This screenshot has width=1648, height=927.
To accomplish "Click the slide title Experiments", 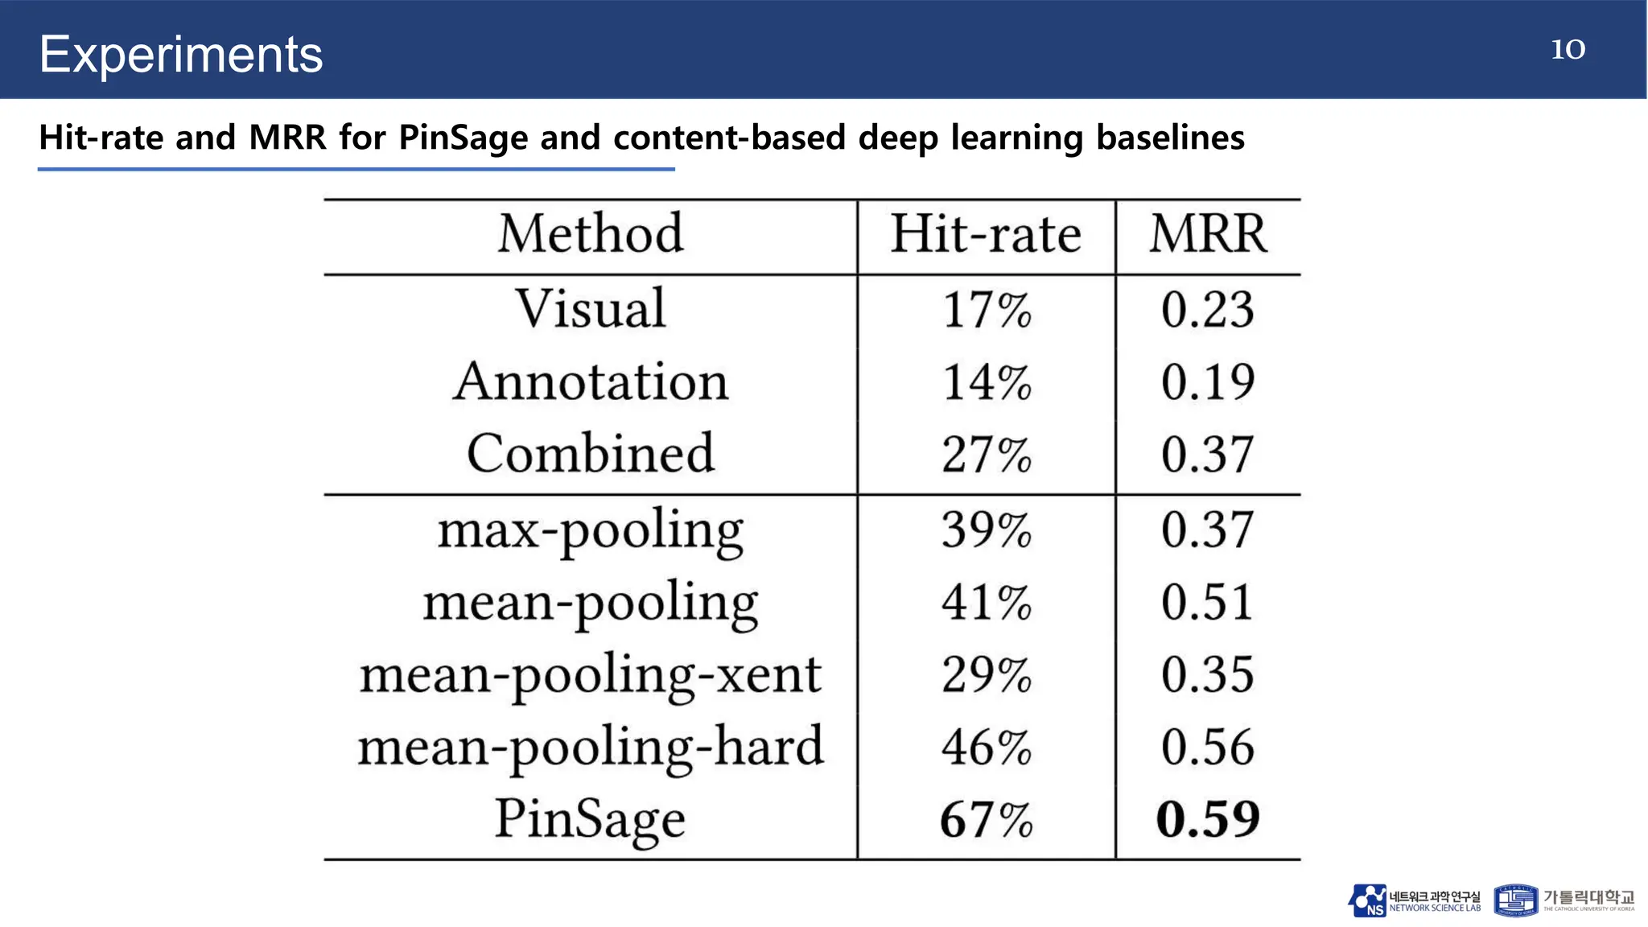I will [181, 55].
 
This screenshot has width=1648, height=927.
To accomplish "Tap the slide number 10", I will [1568, 49].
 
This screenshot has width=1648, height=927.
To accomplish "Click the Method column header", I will [591, 234].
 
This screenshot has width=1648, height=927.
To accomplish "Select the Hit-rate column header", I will [986, 234].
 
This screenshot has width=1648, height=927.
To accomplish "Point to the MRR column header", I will [1208, 234].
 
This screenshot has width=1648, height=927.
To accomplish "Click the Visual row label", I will [591, 308].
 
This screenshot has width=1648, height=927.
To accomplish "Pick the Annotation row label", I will [591, 381].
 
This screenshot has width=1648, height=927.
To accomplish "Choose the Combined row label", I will [591, 454].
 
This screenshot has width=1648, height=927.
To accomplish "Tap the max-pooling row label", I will [591, 530].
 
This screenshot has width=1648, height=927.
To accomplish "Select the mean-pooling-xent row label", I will [591, 674].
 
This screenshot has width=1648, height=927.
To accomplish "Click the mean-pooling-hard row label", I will [591, 747].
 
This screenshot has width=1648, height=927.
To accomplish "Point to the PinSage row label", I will [591, 819].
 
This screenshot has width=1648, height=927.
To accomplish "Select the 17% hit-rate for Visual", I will [986, 310].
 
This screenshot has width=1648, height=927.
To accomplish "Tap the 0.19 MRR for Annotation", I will [1208, 382].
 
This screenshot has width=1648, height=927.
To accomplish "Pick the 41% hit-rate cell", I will [986, 603].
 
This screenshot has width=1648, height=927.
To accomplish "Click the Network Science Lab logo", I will [1414, 900].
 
